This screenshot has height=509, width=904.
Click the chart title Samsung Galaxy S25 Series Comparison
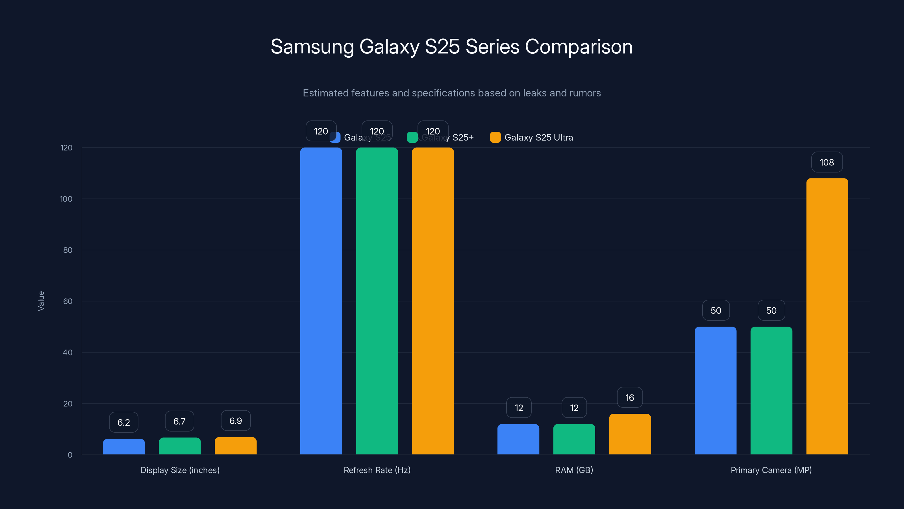coord(452,47)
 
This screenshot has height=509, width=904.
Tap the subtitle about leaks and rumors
coord(452,93)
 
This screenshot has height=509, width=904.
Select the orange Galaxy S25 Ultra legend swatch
coord(495,137)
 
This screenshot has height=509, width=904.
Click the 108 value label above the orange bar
coord(827,162)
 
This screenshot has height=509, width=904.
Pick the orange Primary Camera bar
coord(827,316)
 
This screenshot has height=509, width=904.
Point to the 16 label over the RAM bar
coord(630,398)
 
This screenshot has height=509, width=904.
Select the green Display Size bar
coord(180,446)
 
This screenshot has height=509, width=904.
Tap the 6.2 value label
coord(123,422)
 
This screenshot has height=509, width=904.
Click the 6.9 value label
coord(236,421)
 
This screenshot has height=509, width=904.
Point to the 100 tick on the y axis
coord(66,199)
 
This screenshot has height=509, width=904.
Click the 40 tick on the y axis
coord(68,353)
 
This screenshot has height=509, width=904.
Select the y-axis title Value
coord(41,301)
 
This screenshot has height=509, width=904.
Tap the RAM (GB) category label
coord(574,470)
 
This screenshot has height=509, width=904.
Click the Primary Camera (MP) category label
coord(771,470)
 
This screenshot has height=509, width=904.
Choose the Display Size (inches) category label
coord(180,470)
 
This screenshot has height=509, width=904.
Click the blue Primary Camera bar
coord(715,391)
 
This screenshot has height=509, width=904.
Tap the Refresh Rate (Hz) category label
coord(377,470)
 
